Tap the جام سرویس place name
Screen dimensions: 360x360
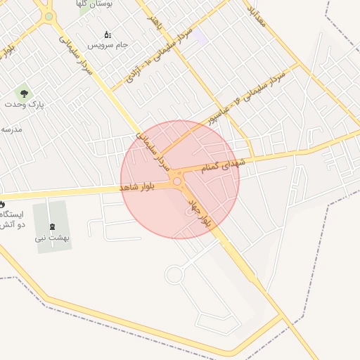[x=108, y=45]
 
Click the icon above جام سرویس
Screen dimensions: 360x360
[x=108, y=34]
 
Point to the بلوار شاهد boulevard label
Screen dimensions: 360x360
[x=137, y=188]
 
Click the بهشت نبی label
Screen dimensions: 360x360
[x=53, y=238]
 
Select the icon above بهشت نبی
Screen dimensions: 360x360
[x=53, y=226]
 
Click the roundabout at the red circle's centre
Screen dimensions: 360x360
[x=178, y=181]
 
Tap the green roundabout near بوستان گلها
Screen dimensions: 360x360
[x=49, y=16]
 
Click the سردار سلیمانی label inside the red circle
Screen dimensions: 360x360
[x=154, y=151]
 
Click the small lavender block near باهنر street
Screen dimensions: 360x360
[x=201, y=37]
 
